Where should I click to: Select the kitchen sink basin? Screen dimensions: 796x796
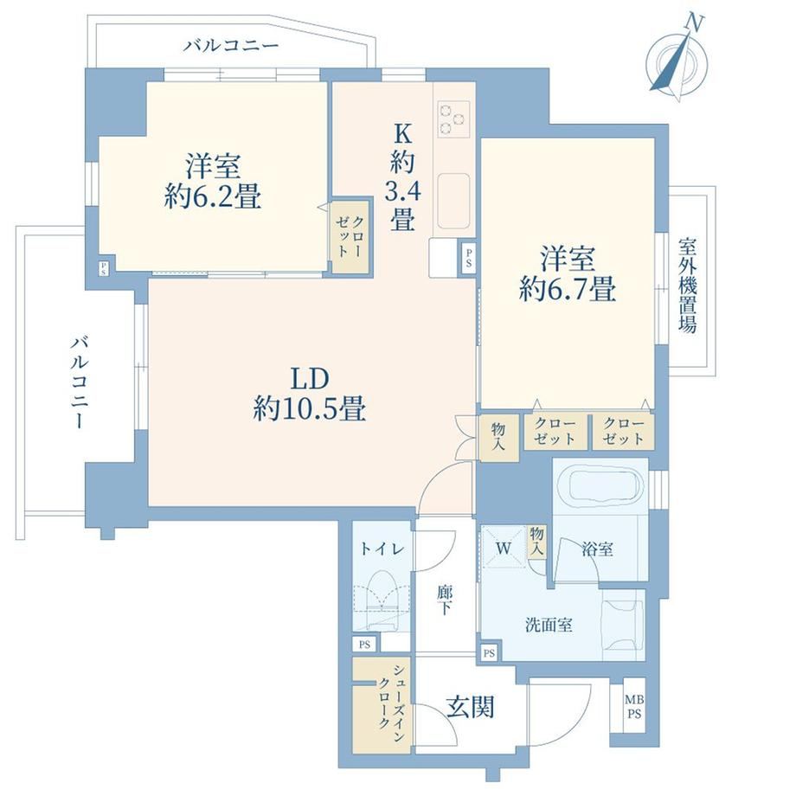[x=453, y=201]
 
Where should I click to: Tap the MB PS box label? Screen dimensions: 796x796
[x=634, y=707]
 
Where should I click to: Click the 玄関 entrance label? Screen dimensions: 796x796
[x=471, y=707]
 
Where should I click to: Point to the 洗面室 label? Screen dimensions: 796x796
[x=549, y=625]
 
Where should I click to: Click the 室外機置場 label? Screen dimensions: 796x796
[x=688, y=286]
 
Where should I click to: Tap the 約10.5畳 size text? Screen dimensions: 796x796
[x=310, y=408]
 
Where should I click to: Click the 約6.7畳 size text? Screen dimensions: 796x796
[x=568, y=288]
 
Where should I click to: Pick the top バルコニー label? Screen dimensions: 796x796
[x=232, y=46]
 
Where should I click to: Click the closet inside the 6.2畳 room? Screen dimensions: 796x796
[x=350, y=236]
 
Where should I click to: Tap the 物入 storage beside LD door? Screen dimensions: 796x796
[x=499, y=438]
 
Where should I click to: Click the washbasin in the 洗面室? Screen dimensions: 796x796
[x=622, y=625]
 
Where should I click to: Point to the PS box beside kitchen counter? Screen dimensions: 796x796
[x=468, y=257]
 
